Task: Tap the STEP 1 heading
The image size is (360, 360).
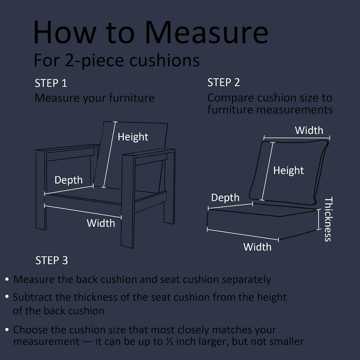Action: click(x=51, y=83)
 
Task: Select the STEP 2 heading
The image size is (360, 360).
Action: click(x=224, y=82)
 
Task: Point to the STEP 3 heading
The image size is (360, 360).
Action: click(x=51, y=260)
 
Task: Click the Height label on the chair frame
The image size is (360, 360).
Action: click(x=133, y=137)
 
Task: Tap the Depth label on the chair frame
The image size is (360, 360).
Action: click(x=68, y=180)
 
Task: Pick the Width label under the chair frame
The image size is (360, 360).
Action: click(x=101, y=223)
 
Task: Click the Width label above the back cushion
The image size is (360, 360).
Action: click(x=309, y=130)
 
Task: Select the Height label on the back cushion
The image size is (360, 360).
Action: click(x=288, y=171)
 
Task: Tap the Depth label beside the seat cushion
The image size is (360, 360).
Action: click(x=225, y=198)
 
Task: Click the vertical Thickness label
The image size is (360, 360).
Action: click(x=328, y=219)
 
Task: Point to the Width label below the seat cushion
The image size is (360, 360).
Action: click(x=257, y=247)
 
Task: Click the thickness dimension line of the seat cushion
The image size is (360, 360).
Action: click(x=319, y=220)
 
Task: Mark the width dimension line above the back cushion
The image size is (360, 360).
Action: click(x=297, y=138)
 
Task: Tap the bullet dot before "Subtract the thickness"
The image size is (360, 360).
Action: click(x=7, y=297)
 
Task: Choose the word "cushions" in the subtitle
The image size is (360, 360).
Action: click(x=165, y=60)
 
